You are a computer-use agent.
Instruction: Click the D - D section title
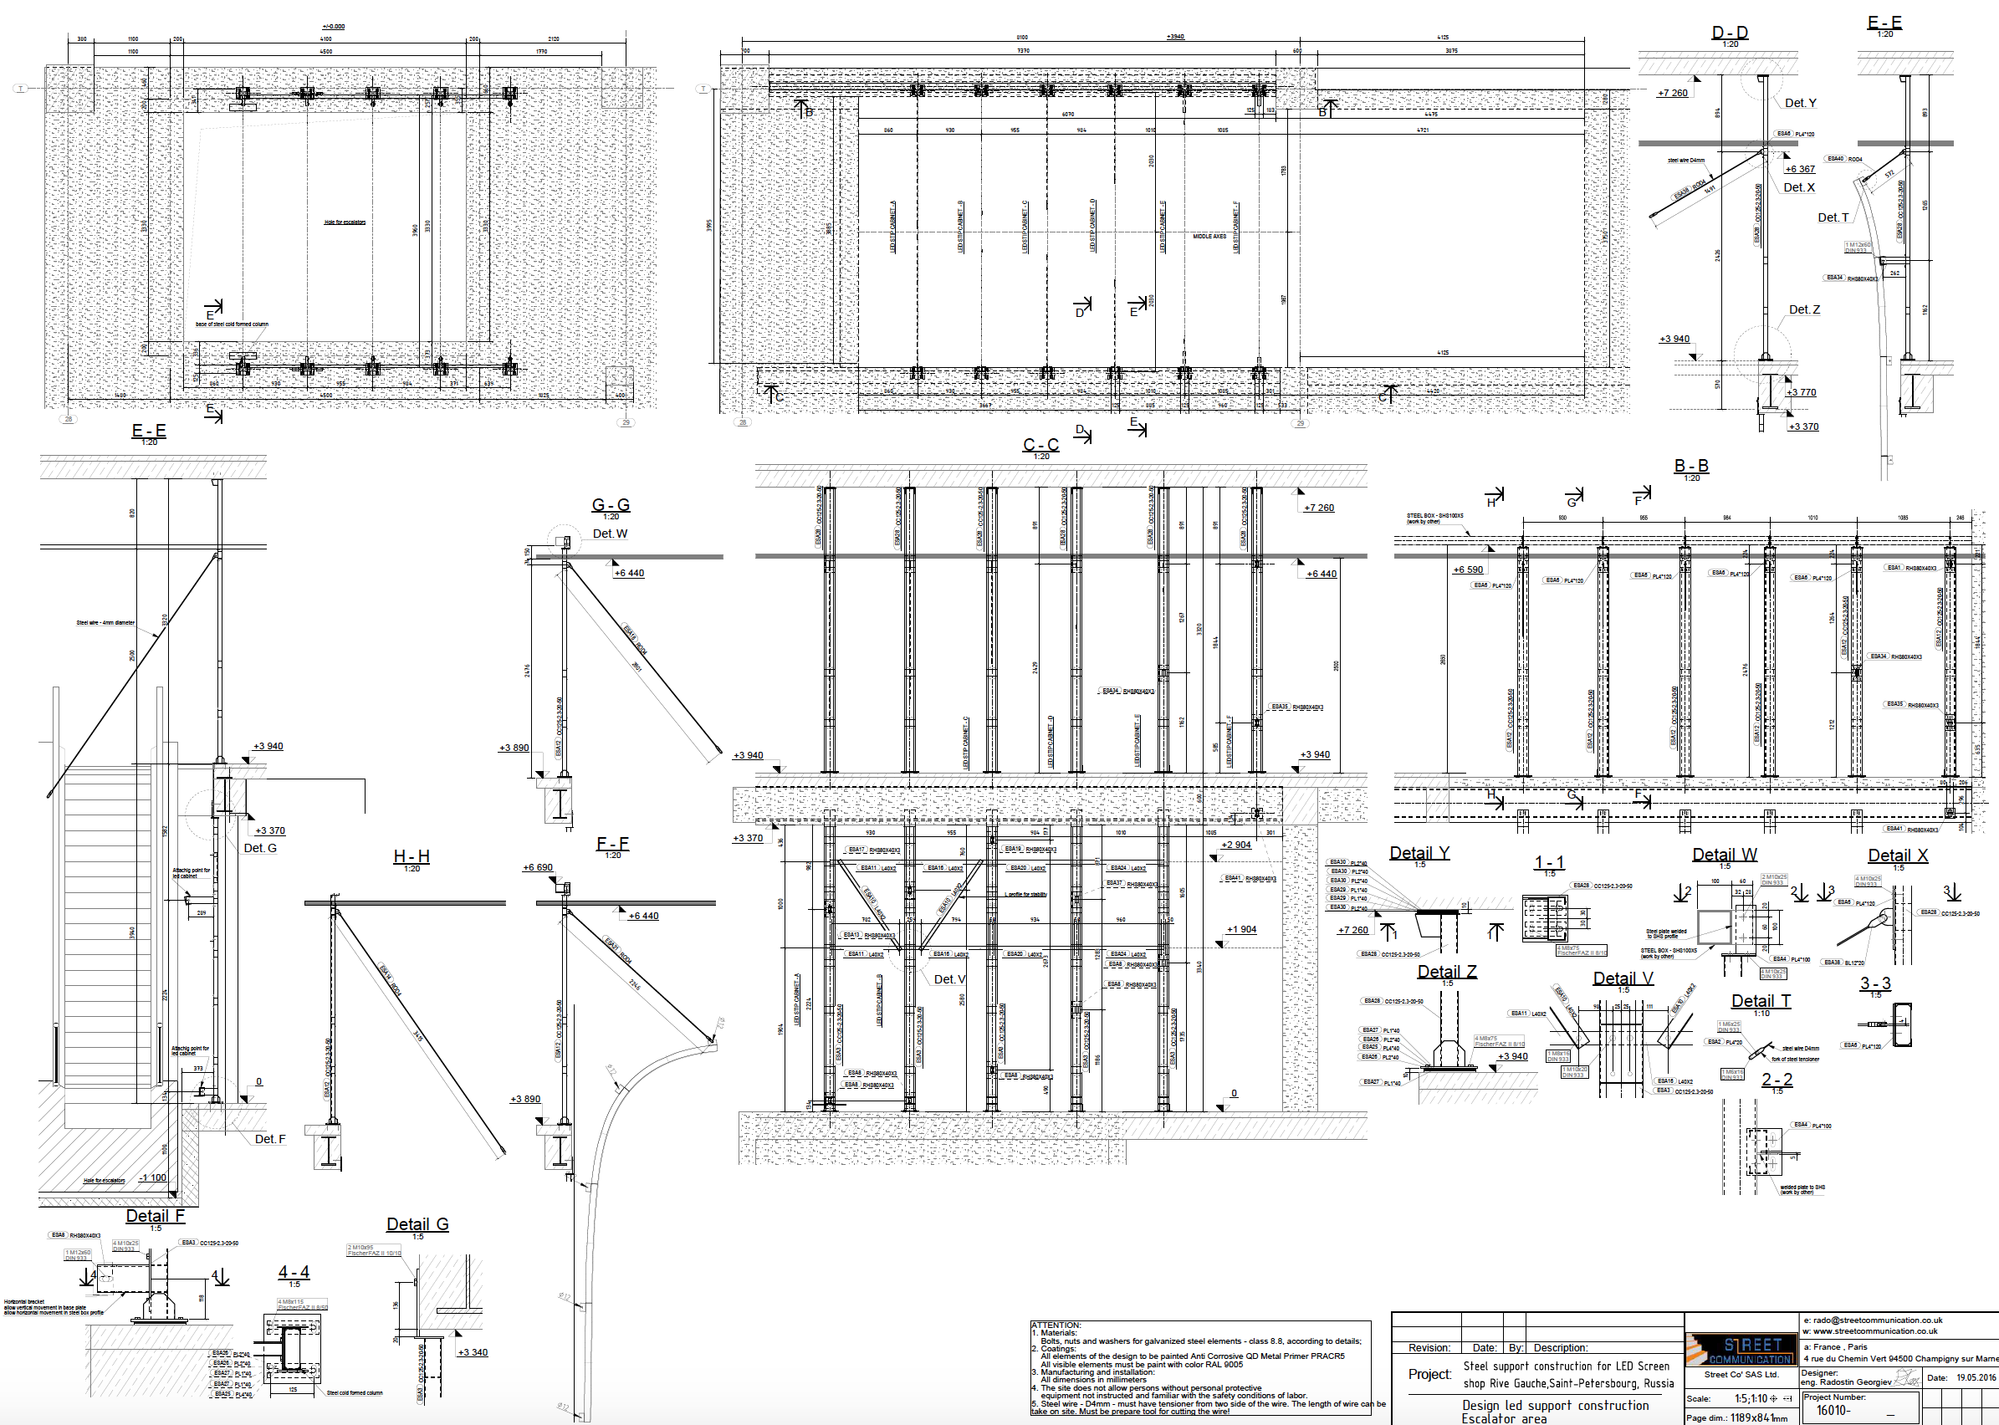[x=1730, y=33]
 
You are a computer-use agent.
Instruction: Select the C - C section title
[x=1040, y=445]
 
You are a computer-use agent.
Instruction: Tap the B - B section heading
[x=1691, y=466]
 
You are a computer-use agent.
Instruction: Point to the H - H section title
[x=412, y=856]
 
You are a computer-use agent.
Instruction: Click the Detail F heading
[x=156, y=1216]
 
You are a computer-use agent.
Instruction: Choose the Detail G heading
[x=417, y=1224]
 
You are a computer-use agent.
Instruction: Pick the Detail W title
[x=1725, y=855]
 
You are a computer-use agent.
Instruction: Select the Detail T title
[x=1761, y=1001]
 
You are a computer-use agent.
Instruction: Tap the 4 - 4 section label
[x=294, y=1272]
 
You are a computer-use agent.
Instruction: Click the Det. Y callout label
[x=1801, y=103]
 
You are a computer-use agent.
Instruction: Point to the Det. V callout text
[x=949, y=979]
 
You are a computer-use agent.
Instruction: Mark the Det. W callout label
[x=610, y=534]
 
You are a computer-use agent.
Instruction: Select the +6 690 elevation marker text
[x=538, y=867]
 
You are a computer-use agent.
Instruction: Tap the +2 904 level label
[x=1236, y=845]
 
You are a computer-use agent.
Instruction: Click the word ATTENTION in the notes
[x=1056, y=1325]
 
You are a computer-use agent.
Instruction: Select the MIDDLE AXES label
[x=1209, y=236]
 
